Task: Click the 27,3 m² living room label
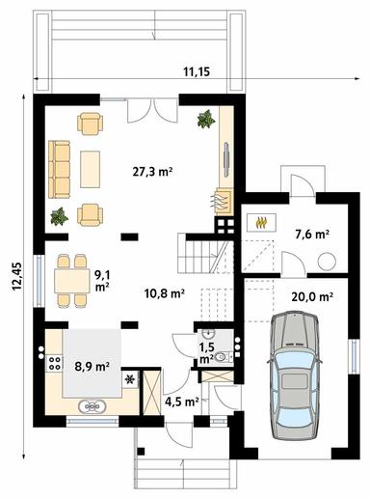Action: pyautogui.click(x=153, y=172)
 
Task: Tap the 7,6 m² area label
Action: pyautogui.click(x=312, y=235)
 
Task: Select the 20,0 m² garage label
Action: pyautogui.click(x=312, y=296)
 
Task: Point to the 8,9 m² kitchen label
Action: pyautogui.click(x=92, y=366)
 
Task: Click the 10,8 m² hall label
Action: pyautogui.click(x=165, y=293)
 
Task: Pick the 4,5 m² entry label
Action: pyautogui.click(x=182, y=402)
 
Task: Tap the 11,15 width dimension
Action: pyautogui.click(x=197, y=71)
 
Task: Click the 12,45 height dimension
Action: pyautogui.click(x=16, y=277)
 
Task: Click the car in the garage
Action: pyautogui.click(x=295, y=375)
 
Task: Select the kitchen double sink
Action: pyautogui.click(x=92, y=406)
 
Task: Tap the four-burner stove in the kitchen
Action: pyautogui.click(x=54, y=363)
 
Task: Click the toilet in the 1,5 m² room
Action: pyautogui.click(x=223, y=357)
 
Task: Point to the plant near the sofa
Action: pyautogui.click(x=60, y=216)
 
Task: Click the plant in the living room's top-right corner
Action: pyautogui.click(x=206, y=119)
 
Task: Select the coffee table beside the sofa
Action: pyautogui.click(x=90, y=169)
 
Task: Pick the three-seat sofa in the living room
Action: pyautogui.click(x=60, y=169)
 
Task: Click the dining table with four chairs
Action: pyautogui.click(x=71, y=280)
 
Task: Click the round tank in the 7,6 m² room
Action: pyautogui.click(x=327, y=262)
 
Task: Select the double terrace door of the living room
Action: pyautogui.click(x=152, y=110)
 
